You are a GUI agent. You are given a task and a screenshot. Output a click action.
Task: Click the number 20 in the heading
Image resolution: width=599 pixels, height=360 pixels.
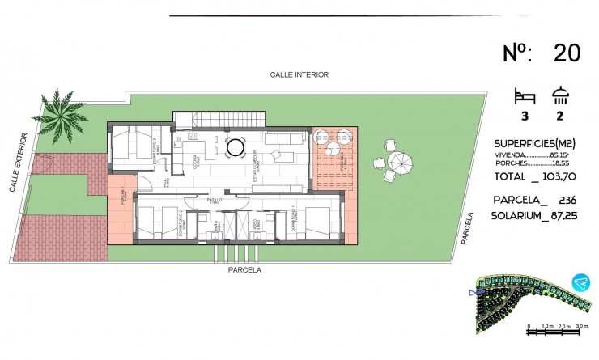tap(567, 53)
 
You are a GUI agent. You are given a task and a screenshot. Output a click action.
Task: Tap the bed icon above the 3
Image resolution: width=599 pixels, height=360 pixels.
tap(524, 96)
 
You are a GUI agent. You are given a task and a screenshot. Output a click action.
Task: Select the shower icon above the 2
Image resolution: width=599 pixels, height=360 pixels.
tap(559, 96)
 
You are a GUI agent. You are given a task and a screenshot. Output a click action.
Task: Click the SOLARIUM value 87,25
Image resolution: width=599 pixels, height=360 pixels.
tap(564, 216)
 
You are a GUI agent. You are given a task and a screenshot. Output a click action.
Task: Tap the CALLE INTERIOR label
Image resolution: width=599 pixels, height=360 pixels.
tap(299, 74)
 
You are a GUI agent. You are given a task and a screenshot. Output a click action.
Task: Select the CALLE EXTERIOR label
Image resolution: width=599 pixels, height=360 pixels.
tap(19, 163)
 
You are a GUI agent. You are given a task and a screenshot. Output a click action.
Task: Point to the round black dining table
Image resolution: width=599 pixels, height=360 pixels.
tap(236, 147)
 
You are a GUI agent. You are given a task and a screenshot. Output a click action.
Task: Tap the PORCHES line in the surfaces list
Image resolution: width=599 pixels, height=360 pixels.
tap(535, 163)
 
